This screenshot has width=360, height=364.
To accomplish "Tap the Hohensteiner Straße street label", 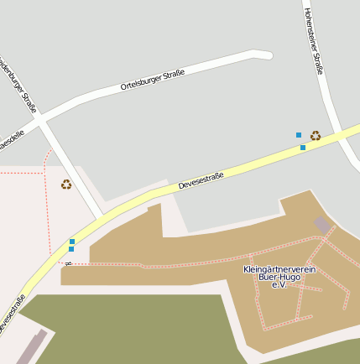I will tap(314, 37).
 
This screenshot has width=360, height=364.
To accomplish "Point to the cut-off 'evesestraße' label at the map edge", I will tap(13, 313).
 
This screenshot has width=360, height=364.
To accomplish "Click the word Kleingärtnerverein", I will tap(279, 269).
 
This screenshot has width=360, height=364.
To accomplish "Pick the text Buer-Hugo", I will tap(279, 277).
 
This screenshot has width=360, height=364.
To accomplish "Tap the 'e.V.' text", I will tap(279, 285).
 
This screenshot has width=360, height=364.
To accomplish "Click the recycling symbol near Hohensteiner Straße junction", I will tap(316, 135).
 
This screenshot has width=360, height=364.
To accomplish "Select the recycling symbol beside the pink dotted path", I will tap(66, 185).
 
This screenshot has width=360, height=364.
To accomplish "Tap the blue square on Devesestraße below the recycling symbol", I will tap(303, 148).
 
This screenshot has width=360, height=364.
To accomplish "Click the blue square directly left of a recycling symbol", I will tap(298, 134).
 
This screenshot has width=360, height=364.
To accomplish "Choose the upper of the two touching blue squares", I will tap(71, 242).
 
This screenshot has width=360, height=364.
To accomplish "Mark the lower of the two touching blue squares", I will tap(71, 249).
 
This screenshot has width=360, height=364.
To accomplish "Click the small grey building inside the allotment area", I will tap(322, 225).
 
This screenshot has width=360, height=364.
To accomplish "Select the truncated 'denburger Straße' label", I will tap(18, 84).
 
